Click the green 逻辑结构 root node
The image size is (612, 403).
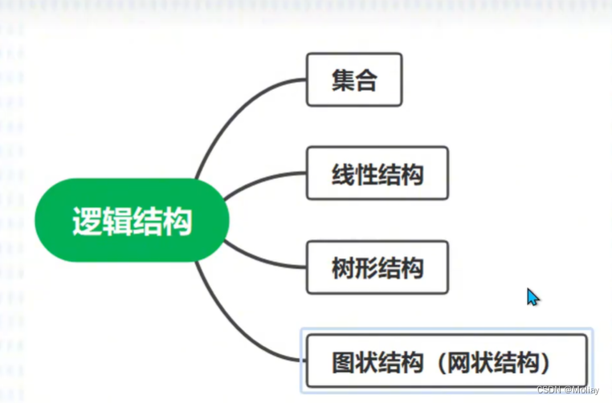(x=132, y=220)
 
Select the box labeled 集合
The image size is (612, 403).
(x=354, y=79)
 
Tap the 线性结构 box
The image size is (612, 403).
(x=377, y=173)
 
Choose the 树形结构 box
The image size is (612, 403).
(x=377, y=267)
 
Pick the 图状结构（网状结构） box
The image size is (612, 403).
(x=447, y=361)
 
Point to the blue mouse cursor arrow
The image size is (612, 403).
(x=532, y=296)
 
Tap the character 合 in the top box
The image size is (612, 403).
(x=366, y=79)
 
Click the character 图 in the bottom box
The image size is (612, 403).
(x=344, y=362)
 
